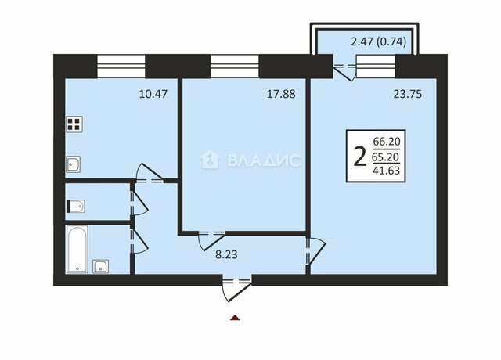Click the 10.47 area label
click(153, 94)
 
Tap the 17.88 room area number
click(281, 94)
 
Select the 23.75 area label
click(408, 94)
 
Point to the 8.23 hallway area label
click(226, 254)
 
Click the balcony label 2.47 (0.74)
click(379, 41)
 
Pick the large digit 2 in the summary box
click(360, 157)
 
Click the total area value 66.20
click(387, 141)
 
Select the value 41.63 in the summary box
click(386, 171)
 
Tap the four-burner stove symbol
click(74, 124)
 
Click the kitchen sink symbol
click(73, 164)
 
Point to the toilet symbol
click(75, 207)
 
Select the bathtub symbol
click(77, 249)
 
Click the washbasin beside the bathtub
click(101, 266)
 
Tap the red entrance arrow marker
click(235, 318)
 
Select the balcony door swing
click(344, 72)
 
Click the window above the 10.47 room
click(121, 66)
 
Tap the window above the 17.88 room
click(235, 66)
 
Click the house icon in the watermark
click(210, 160)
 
